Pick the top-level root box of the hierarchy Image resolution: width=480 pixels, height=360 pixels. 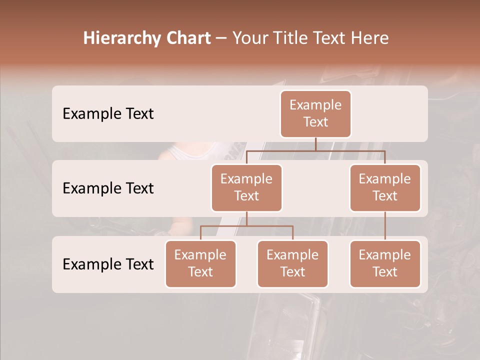pyautogui.click(x=315, y=113)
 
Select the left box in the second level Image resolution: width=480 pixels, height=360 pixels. pyautogui.click(x=246, y=187)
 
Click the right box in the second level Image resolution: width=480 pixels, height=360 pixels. pyautogui.click(x=385, y=187)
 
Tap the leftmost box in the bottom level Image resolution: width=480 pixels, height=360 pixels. pyautogui.click(x=200, y=263)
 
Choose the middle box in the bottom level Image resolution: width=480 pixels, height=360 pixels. pyautogui.click(x=292, y=263)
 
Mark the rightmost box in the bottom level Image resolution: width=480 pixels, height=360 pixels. pyautogui.click(x=385, y=263)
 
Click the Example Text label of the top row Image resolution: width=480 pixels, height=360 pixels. pyautogui.click(x=108, y=114)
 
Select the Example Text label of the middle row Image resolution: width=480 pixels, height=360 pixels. pyautogui.click(x=108, y=188)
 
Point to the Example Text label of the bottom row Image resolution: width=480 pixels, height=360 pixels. pyautogui.click(x=108, y=264)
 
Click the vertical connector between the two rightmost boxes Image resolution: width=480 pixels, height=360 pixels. pyautogui.click(x=385, y=226)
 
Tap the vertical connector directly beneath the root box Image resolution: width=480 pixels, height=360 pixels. pyautogui.click(x=315, y=144)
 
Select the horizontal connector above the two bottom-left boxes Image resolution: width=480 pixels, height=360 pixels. pyautogui.click(x=246, y=226)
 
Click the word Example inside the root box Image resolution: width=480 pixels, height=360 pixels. pyautogui.click(x=315, y=105)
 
